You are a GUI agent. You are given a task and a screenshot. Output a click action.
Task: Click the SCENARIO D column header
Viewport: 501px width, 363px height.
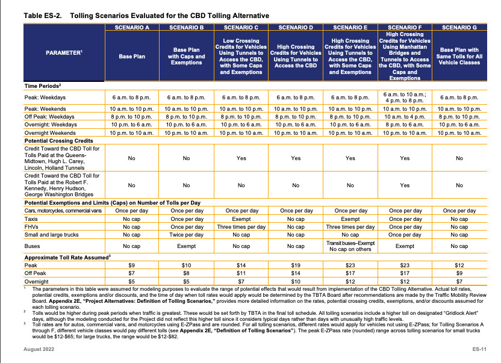(296, 28)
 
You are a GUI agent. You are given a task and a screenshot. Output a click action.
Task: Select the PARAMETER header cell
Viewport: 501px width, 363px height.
(64, 53)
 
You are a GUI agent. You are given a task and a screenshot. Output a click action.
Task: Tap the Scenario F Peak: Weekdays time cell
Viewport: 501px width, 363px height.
(405, 98)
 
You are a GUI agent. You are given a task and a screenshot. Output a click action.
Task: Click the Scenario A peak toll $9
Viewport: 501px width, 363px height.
(132, 265)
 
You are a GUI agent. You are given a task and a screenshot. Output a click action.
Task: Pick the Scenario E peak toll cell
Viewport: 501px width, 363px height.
(350, 265)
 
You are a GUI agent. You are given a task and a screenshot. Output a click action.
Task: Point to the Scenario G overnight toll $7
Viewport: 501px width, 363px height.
(459, 282)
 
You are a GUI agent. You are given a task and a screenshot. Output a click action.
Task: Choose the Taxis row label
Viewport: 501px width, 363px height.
(31, 219)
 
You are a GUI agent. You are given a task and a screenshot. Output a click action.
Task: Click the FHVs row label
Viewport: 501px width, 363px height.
(31, 227)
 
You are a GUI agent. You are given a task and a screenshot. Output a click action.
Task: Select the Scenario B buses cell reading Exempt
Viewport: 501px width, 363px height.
(186, 246)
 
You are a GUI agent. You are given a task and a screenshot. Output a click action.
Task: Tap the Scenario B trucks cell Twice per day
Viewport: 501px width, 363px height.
(186, 235)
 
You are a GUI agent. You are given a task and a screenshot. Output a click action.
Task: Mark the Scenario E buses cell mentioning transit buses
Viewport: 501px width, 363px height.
(350, 246)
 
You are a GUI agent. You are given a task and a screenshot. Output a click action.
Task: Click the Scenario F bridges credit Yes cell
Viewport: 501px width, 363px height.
(405, 185)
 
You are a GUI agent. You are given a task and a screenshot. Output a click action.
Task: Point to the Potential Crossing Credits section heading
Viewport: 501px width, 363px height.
(59, 141)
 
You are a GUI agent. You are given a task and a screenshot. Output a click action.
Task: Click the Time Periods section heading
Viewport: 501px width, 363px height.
(43, 86)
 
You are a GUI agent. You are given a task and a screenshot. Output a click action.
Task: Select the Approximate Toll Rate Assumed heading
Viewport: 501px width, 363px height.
(67, 258)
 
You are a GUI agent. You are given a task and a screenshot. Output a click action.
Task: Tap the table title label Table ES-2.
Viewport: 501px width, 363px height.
(43, 16)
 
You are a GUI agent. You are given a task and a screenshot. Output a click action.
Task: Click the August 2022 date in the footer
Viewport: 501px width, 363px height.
(39, 349)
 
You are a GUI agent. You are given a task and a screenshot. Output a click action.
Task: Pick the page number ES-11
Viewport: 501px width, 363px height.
(479, 349)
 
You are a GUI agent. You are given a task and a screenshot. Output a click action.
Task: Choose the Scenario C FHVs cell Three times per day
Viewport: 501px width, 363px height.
(241, 227)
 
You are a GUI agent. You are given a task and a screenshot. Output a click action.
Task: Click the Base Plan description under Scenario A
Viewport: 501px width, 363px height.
(132, 56)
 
